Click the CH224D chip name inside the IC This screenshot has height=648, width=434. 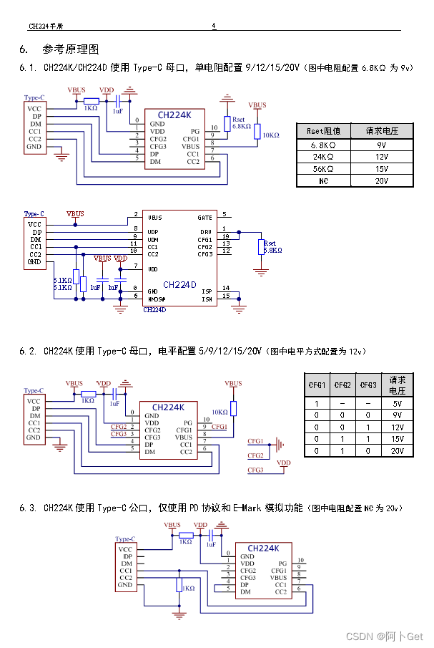click(x=179, y=284)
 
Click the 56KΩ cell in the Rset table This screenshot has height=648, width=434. click(x=323, y=169)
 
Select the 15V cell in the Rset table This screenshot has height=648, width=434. click(x=382, y=169)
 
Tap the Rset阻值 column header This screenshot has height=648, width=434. click(x=323, y=131)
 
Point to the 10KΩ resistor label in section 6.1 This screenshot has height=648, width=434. click(x=271, y=135)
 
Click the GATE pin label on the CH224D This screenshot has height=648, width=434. click(x=204, y=217)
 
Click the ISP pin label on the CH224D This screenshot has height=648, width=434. click(x=207, y=291)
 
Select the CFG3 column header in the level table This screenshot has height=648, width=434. click(x=368, y=385)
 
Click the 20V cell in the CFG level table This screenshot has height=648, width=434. click(x=398, y=451)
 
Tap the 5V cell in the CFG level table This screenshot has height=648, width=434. click(x=398, y=402)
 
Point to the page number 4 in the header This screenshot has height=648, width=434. click(x=213, y=26)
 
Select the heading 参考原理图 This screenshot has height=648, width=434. click(x=71, y=49)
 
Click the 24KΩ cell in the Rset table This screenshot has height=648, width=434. click(x=323, y=156)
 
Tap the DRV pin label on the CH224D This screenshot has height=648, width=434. click(x=205, y=232)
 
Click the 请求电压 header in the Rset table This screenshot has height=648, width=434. click(x=382, y=131)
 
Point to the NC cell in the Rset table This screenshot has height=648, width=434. click(x=323, y=181)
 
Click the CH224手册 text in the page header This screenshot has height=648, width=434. click(x=46, y=26)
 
